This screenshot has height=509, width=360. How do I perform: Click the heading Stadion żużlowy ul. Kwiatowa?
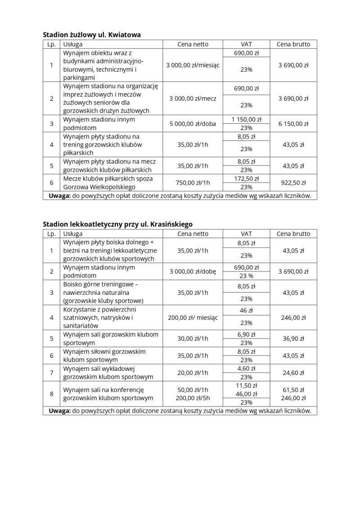tap(92, 35)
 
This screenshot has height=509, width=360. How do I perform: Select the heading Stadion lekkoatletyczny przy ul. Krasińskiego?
tap(117, 224)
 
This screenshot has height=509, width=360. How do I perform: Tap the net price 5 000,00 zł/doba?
tap(193, 124)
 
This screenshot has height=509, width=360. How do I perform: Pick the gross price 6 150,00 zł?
tap(293, 124)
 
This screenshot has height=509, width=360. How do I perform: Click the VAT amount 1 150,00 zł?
tap(246, 120)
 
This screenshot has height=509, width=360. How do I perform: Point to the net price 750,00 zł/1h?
tap(193, 183)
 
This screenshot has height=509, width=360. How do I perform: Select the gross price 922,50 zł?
tap(293, 183)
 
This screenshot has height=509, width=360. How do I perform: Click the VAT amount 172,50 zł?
tap(246, 179)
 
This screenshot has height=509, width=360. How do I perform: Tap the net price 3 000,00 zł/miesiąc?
tap(193, 65)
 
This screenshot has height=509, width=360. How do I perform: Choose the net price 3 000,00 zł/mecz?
tap(193, 99)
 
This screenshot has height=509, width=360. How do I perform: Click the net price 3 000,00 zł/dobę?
tap(193, 271)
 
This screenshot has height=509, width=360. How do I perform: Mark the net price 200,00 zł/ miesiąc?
tap(193, 318)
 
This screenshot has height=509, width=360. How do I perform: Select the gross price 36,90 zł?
tap(293, 338)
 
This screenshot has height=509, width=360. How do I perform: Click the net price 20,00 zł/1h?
tap(193, 373)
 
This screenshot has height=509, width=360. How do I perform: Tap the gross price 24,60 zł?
tap(293, 373)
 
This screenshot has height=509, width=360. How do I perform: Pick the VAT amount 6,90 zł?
tap(246, 334)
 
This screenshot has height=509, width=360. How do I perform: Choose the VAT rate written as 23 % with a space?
tap(246, 276)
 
